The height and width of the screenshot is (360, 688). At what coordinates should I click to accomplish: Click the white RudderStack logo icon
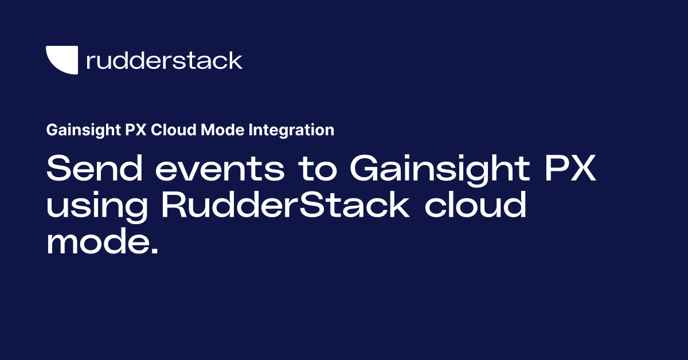tap(61, 60)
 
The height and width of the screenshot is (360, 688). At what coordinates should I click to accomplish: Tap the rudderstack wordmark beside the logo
tap(164, 60)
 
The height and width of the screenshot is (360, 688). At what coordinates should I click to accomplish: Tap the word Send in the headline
tap(89, 170)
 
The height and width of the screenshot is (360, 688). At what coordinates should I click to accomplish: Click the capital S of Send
tap(60, 170)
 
